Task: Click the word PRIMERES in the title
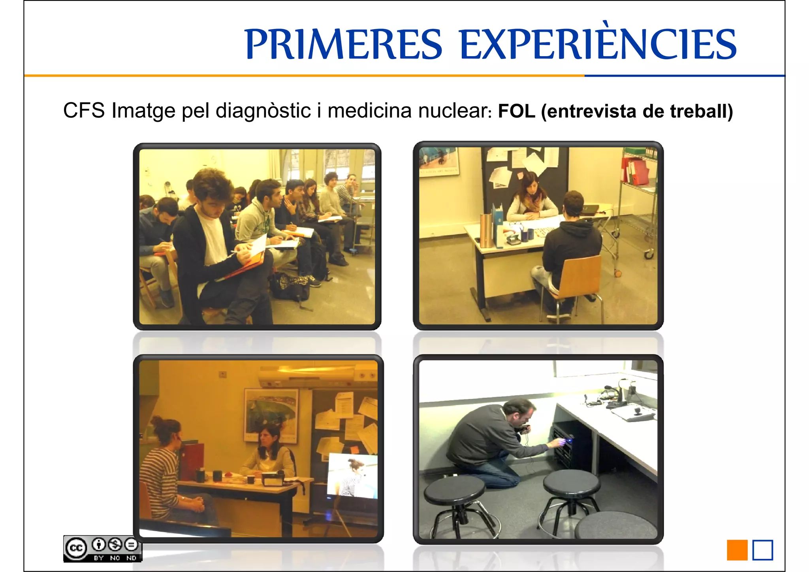[x=343, y=44]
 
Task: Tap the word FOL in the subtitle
[x=516, y=111]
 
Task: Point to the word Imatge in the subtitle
[x=143, y=111]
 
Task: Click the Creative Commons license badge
[x=102, y=548]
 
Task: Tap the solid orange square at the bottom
[x=737, y=550]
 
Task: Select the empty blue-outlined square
[x=762, y=550]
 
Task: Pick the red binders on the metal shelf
[x=635, y=171]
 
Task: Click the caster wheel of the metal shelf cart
[x=649, y=255]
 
